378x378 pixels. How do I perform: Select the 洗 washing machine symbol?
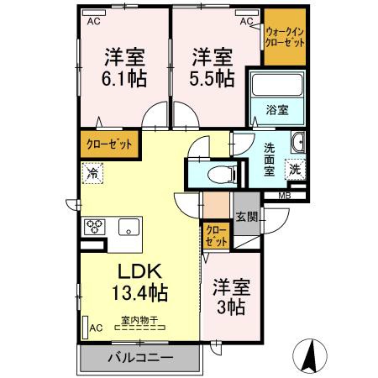(x=295, y=168)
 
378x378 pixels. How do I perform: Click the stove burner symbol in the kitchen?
(x=94, y=227)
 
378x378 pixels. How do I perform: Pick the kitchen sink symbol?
(x=129, y=226)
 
